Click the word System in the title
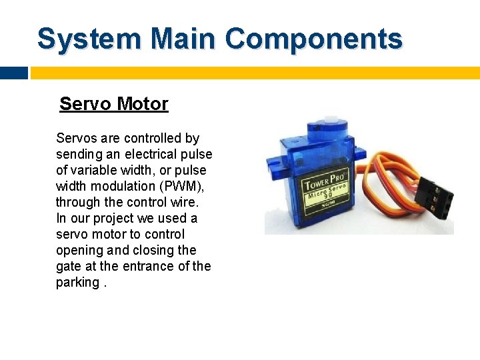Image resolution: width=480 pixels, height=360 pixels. tap(89, 39)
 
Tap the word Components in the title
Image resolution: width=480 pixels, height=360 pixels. tap(314, 39)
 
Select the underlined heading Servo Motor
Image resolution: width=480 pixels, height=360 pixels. tap(114, 104)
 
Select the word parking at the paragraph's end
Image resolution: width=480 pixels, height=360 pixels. tap(77, 282)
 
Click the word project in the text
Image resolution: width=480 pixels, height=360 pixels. tap(113, 218)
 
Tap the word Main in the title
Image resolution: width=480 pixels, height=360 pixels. tap(183, 39)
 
